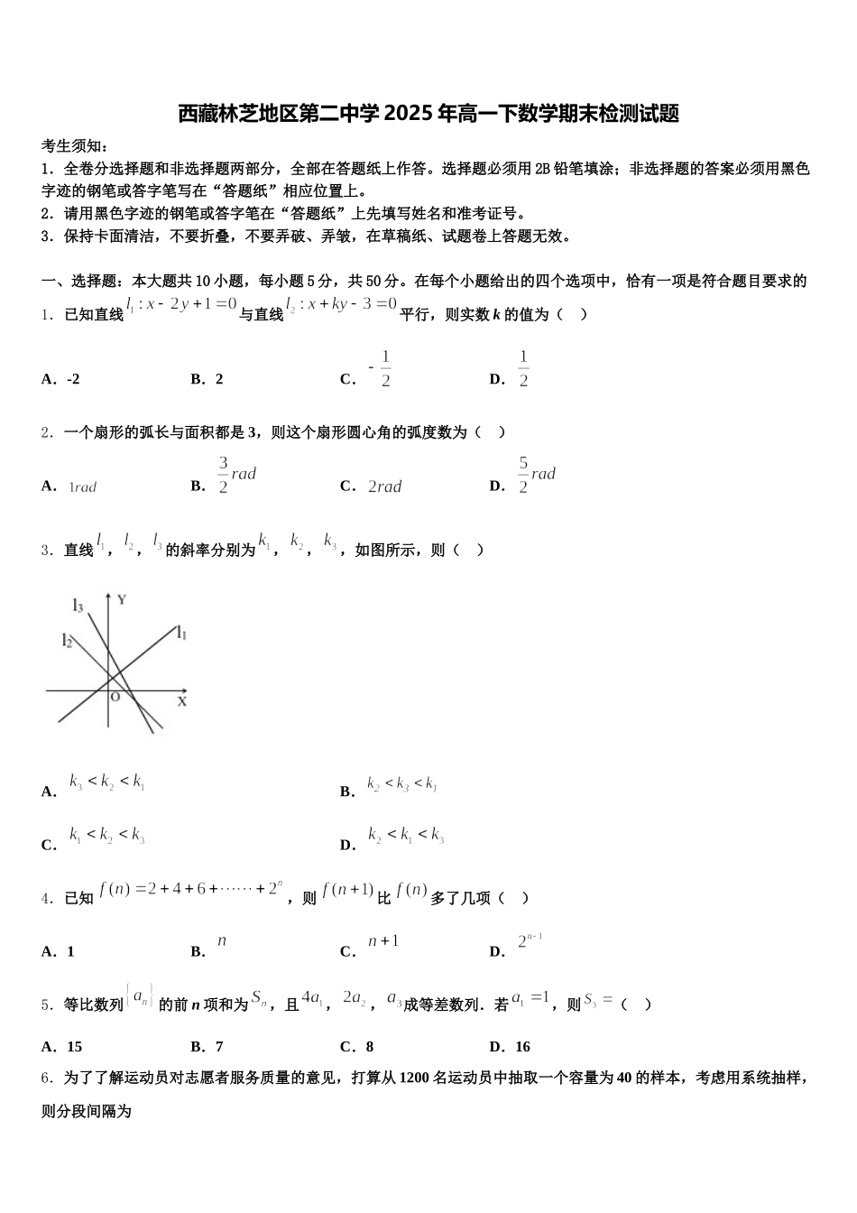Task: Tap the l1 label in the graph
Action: pos(181,633)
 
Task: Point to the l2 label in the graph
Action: pos(67,641)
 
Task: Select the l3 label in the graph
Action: pos(78,606)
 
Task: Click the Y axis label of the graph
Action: pos(121,599)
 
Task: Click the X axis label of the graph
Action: pos(181,701)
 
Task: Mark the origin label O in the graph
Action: pos(115,697)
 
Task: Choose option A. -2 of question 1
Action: pos(60,379)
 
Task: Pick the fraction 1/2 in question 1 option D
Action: pos(523,369)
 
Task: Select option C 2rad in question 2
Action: pos(384,486)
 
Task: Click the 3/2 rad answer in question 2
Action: pos(236,475)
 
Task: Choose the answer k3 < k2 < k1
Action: pos(107,782)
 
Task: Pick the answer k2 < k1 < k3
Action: pos(406,835)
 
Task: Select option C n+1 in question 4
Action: pos(382,941)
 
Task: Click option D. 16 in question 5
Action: pos(510,1047)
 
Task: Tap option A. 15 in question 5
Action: pos(62,1047)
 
